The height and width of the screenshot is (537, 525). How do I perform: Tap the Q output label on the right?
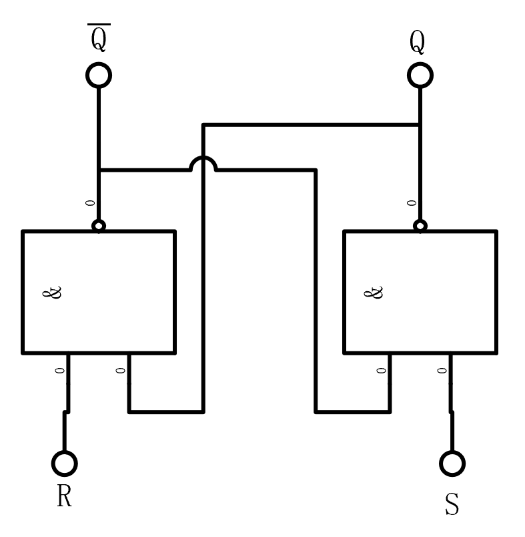tap(418, 43)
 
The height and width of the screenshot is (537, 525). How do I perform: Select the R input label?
tap(64, 496)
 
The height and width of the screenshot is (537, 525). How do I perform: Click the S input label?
tap(452, 504)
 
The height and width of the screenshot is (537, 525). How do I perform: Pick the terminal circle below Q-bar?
tap(99, 75)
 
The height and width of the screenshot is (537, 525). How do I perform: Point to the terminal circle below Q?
tap(420, 75)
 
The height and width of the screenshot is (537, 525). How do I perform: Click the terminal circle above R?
tap(65, 462)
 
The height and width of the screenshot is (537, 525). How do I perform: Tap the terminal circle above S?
tap(452, 463)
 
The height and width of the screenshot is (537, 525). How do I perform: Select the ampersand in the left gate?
tap(56, 293)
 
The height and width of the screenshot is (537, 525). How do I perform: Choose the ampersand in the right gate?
tap(376, 293)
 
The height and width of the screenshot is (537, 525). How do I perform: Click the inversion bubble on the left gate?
tap(99, 226)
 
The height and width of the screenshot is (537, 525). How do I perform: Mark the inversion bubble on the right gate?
tap(420, 226)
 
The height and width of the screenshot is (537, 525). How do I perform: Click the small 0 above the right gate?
tap(412, 202)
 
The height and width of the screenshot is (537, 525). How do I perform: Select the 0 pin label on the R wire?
tap(60, 370)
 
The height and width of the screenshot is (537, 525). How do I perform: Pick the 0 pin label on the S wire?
tap(442, 370)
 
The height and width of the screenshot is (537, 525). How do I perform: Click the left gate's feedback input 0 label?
tap(121, 370)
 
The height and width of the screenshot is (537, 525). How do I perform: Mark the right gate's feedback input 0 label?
tap(382, 370)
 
